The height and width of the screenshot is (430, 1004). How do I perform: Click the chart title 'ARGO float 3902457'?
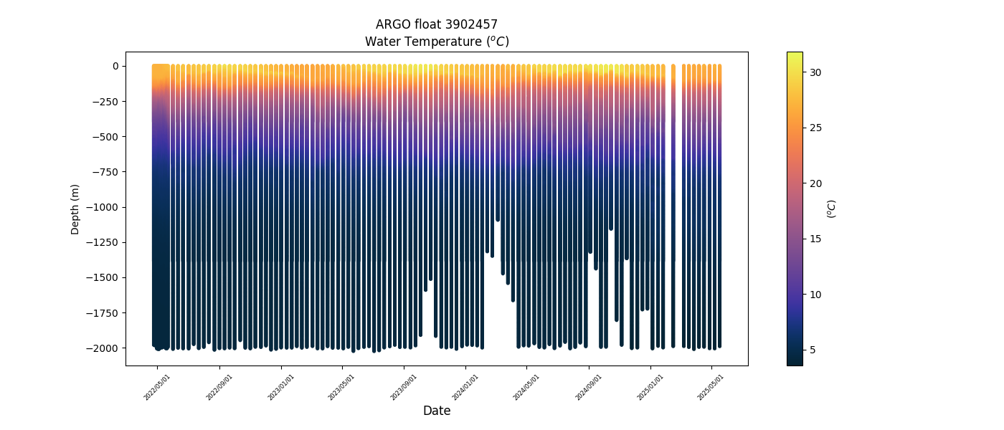point(436,24)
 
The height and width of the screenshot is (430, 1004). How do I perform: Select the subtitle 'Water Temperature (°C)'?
point(436,42)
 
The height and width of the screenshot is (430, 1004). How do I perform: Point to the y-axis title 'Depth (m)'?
point(75,209)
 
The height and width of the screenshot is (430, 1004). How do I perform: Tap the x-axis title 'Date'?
point(436,411)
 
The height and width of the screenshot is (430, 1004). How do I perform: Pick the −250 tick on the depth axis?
point(106,102)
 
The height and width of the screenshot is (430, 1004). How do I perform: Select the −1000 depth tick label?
point(104,207)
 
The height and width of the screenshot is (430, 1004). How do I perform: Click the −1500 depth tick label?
point(104,277)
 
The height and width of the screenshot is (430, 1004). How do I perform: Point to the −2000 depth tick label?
point(104,348)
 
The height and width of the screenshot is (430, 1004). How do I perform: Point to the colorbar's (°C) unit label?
point(832,209)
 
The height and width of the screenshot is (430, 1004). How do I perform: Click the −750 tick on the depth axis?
point(106,172)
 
